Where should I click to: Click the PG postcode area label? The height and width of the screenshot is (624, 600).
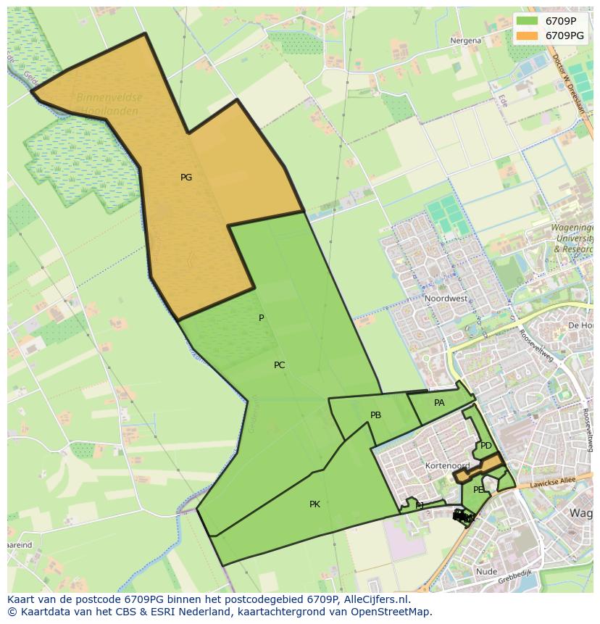click(x=186, y=178)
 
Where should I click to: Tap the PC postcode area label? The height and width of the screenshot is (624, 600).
click(x=279, y=365)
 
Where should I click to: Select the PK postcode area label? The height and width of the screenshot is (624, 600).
click(x=314, y=504)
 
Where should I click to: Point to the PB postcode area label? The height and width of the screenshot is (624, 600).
click(x=375, y=415)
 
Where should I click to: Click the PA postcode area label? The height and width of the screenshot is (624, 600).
click(x=439, y=403)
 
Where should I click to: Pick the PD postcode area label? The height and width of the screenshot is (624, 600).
click(x=486, y=446)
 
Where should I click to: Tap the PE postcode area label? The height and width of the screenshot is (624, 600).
click(x=478, y=490)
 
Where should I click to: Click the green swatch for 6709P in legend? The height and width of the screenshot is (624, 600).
click(x=527, y=21)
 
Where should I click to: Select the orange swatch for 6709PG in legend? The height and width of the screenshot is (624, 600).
click(x=527, y=35)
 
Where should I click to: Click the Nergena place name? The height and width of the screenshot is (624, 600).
click(x=465, y=41)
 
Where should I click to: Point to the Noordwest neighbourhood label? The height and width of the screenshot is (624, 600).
click(x=446, y=299)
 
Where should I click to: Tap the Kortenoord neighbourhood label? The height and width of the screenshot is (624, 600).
click(x=448, y=466)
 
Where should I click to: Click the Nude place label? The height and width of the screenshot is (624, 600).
click(x=487, y=572)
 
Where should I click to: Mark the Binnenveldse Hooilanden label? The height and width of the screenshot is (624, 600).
click(x=109, y=102)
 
